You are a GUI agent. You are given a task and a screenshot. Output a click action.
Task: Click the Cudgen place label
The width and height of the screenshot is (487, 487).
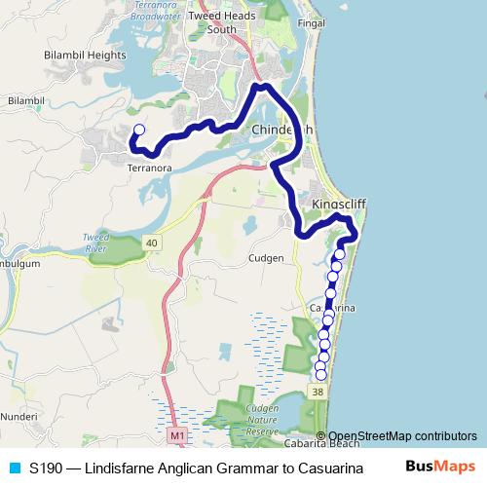(265, 258)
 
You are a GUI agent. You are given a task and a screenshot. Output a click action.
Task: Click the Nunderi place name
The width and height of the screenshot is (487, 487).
(19, 416)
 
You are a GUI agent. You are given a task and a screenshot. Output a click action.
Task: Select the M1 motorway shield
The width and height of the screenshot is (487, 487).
(175, 434)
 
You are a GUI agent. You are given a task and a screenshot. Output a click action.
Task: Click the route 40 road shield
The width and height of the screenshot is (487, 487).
(152, 242)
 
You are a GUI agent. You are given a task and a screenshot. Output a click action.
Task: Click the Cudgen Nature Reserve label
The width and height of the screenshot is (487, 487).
(263, 421)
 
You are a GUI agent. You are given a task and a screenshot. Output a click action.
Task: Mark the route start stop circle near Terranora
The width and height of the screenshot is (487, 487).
(138, 130)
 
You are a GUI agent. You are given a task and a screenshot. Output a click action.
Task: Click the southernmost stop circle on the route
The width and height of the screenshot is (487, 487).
(321, 375)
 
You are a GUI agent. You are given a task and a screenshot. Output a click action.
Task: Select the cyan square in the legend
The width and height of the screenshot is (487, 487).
(14, 468)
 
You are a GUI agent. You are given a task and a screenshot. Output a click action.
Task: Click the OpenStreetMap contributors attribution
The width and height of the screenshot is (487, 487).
(402, 435)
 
